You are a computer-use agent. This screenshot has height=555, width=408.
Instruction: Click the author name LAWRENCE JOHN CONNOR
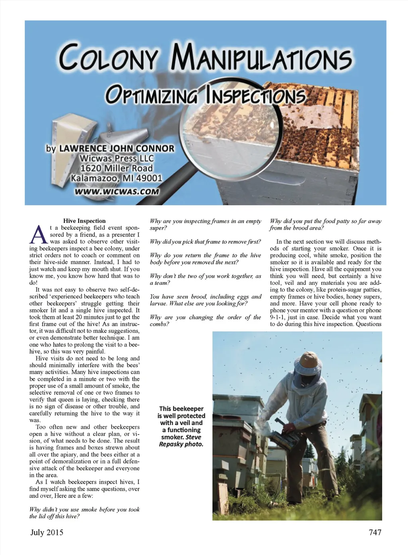pos(117,148)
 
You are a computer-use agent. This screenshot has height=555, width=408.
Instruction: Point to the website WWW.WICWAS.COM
pos(116,192)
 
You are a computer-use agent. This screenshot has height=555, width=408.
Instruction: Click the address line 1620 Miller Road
pos(116,168)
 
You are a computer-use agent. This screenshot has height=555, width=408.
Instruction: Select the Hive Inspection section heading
pos(84,221)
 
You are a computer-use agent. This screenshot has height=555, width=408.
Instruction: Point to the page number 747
pos(375,532)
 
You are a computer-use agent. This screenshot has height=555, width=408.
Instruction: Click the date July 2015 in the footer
pos(47,532)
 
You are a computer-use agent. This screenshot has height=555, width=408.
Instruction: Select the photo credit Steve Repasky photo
pos(182,441)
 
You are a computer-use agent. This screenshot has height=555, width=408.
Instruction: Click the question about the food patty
pos(326,224)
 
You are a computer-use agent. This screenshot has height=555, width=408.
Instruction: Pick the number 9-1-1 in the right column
pos(279,317)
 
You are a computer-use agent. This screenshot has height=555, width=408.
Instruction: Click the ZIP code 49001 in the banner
pos(147,178)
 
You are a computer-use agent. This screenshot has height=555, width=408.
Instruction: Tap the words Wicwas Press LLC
pos(116,158)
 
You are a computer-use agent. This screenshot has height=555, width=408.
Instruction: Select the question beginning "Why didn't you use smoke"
pos(84,513)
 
